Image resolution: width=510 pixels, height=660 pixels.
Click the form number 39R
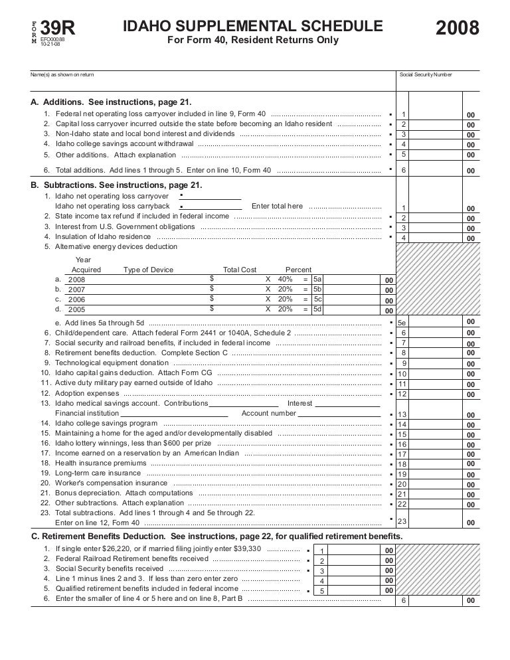58,28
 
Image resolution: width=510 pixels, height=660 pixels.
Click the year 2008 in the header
458,29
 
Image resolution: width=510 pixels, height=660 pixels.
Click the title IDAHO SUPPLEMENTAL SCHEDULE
252,26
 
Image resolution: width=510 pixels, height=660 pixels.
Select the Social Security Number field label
426,74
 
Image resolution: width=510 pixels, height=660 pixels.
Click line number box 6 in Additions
404,171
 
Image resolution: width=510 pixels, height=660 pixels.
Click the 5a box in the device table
317,279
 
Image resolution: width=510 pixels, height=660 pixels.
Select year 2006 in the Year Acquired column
77,299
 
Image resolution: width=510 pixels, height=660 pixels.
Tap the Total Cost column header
240,270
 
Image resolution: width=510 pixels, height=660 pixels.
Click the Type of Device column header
148,270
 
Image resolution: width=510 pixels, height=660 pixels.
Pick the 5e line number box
402,323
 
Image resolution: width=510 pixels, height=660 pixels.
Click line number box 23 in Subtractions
402,522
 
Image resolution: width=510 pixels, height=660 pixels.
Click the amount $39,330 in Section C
246,549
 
